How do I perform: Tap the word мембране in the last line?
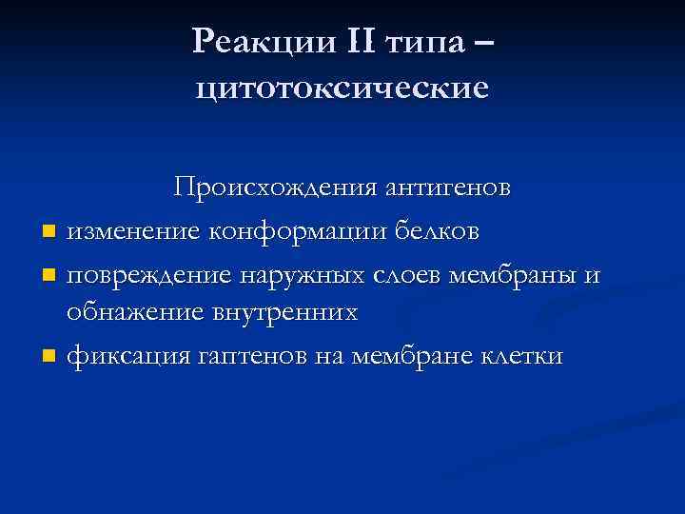pos(416,357)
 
